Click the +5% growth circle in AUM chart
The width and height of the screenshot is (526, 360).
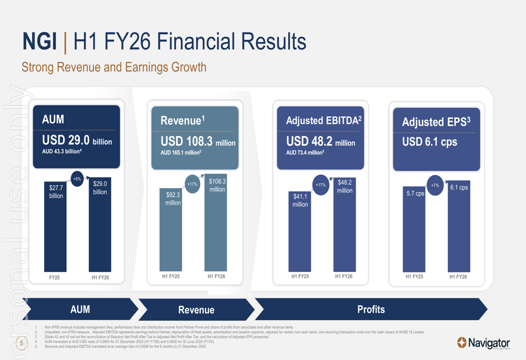(77, 179)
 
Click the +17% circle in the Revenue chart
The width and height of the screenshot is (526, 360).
(193, 184)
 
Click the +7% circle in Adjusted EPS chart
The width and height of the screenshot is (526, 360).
(435, 186)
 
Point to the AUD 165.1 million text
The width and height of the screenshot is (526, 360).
(181, 153)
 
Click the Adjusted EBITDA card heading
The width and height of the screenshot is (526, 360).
(323, 121)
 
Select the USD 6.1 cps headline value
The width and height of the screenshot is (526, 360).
(429, 142)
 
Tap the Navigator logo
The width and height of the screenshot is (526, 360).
(483, 343)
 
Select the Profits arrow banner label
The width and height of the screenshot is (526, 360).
(371, 309)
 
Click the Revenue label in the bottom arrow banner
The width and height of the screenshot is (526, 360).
(196, 310)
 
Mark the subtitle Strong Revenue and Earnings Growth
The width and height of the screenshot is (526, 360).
(114, 67)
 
